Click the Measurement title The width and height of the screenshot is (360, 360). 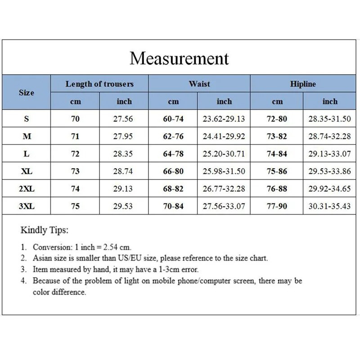click(179, 58)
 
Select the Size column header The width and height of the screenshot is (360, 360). click(26, 92)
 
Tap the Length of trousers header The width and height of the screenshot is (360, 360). click(99, 84)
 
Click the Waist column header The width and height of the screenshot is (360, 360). click(199, 84)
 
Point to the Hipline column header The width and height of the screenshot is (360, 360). click(303, 84)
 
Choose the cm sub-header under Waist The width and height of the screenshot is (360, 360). click(173, 102)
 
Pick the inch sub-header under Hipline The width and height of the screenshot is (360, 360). click(329, 102)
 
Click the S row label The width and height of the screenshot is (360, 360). click(26, 119)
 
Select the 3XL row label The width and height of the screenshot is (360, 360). click(26, 206)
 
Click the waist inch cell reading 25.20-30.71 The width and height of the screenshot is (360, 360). click(224, 154)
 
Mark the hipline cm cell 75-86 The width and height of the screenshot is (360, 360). click(277, 171)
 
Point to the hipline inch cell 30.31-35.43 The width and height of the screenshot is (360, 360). click(329, 206)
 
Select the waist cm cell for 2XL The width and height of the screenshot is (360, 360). click(173, 189)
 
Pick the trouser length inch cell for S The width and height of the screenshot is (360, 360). click(123, 119)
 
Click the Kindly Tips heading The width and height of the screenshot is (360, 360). click(45, 230)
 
